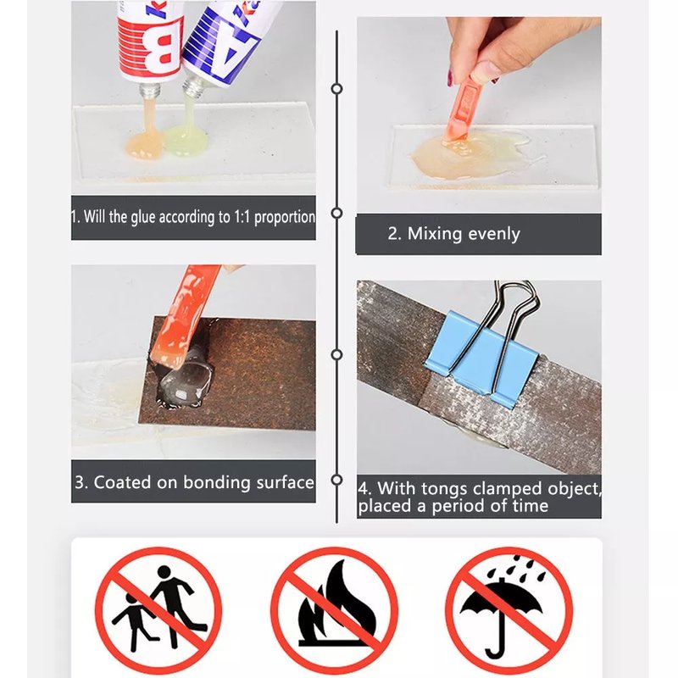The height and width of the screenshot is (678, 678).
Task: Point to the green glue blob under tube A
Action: (x=186, y=139)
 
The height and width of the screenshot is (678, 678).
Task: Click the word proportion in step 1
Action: (x=285, y=217)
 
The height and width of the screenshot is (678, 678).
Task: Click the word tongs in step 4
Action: (x=444, y=489)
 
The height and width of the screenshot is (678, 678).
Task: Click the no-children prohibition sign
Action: (x=158, y=610)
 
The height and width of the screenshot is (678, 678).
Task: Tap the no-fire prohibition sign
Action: (x=334, y=610)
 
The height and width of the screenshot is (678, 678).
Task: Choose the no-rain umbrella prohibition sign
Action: (x=509, y=610)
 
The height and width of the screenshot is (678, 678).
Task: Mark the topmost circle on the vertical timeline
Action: (x=336, y=89)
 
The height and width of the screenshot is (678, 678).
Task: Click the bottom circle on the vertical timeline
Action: (x=336, y=480)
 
